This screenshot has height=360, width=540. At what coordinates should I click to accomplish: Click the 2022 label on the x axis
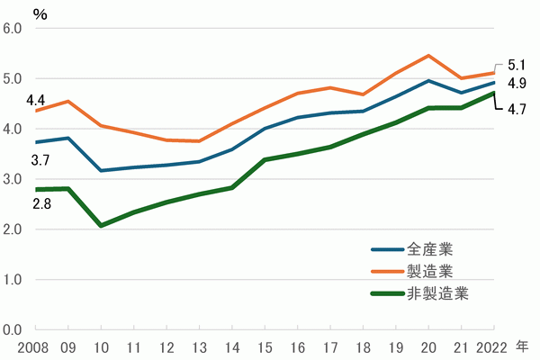coord(492,346)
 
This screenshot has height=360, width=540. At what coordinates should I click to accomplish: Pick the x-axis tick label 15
coord(265,346)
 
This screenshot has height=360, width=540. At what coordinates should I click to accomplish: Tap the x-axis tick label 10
coord(101,346)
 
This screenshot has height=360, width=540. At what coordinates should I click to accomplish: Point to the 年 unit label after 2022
coord(523,346)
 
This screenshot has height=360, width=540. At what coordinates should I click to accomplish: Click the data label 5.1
coord(517,65)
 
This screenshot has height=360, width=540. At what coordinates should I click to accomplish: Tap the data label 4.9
coord(517,84)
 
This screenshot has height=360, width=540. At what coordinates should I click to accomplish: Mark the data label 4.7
coord(517,110)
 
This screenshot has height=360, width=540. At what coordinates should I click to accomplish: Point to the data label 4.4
coord(36,99)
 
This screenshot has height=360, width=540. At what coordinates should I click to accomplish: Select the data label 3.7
coord(40,160)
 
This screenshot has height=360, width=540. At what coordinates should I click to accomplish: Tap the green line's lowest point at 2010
coord(101,225)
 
